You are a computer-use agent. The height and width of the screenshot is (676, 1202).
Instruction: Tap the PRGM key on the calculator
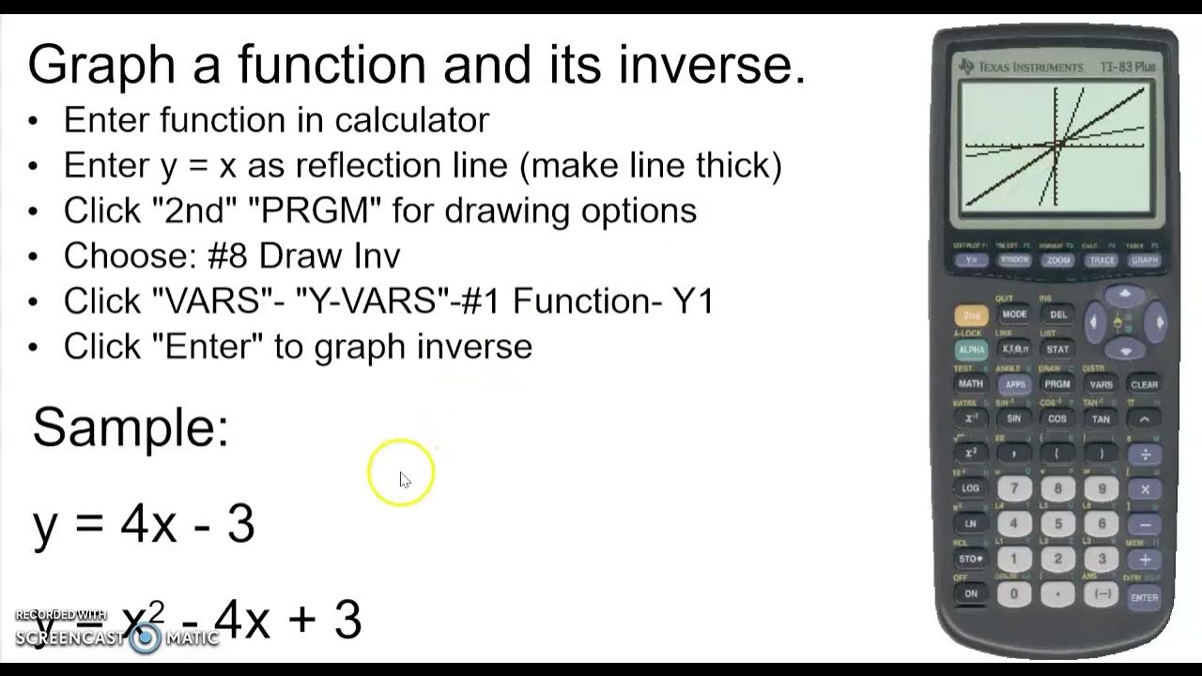tap(1056, 384)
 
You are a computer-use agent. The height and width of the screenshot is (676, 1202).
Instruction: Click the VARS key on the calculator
tap(1101, 384)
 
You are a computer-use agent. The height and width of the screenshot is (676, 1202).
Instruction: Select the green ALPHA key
tap(971, 349)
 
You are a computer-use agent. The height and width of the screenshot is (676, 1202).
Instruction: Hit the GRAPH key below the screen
tap(1145, 260)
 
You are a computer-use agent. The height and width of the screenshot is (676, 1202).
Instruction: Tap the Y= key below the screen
tap(971, 260)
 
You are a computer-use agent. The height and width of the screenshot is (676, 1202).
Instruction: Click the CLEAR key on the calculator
tap(1144, 384)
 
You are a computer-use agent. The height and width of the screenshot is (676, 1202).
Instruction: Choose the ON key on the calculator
tap(971, 593)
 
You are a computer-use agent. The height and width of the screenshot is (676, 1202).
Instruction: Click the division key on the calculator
tap(1145, 454)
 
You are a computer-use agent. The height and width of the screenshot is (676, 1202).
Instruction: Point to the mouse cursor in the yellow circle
tap(404, 479)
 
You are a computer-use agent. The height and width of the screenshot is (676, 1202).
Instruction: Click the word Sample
tap(131, 427)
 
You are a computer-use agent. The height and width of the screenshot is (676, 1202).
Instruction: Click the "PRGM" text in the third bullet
tap(315, 210)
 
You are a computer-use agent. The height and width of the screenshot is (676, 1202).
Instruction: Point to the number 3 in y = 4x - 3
tap(240, 524)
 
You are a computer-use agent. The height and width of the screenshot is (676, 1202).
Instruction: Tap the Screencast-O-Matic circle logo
tap(146, 638)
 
